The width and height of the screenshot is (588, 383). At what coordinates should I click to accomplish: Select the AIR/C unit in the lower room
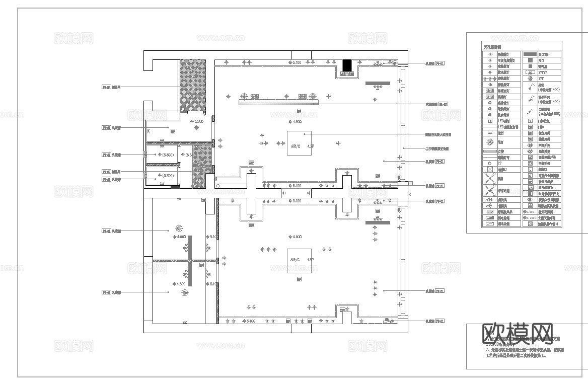(x=299, y=260)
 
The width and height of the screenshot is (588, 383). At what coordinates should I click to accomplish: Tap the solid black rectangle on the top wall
(x=346, y=66)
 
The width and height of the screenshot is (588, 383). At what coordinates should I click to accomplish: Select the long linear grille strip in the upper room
(x=279, y=102)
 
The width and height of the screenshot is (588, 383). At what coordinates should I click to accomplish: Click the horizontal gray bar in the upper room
(x=378, y=83)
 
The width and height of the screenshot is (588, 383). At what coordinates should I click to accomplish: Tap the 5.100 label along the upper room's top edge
(x=295, y=62)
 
